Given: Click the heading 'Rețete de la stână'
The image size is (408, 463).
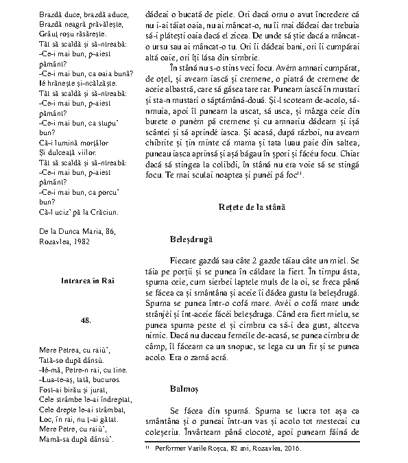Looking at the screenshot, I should coord(252,206).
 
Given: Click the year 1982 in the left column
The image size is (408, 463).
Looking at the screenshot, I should coord(79,241).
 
